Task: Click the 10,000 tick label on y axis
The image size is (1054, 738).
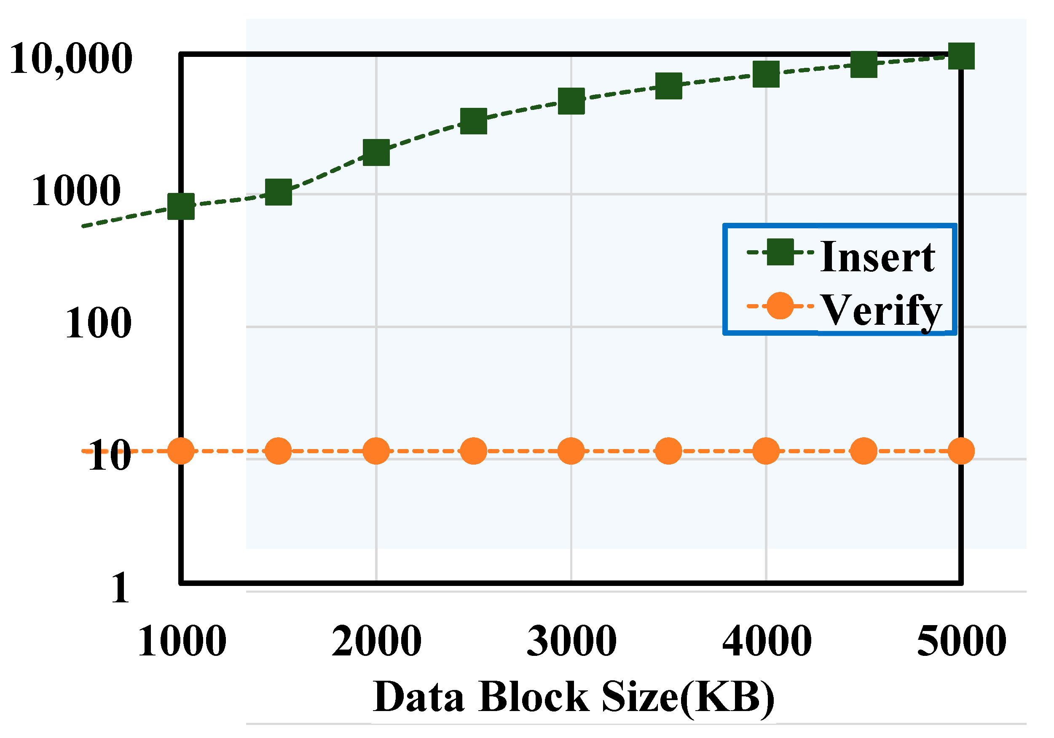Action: click(x=71, y=59)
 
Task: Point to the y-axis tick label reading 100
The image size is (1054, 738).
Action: click(x=98, y=323)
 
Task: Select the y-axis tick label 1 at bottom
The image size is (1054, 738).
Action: click(x=120, y=588)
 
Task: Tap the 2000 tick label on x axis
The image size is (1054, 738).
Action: click(x=376, y=642)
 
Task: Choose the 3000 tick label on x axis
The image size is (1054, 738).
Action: click(x=571, y=642)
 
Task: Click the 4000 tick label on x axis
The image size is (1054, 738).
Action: click(x=767, y=642)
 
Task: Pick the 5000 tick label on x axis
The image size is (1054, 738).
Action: click(x=961, y=642)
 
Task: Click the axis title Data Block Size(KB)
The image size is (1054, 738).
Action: click(x=574, y=697)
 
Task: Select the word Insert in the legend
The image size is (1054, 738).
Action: click(x=877, y=257)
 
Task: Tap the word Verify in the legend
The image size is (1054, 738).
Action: click(x=880, y=311)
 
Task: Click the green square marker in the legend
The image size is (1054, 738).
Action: click(x=780, y=252)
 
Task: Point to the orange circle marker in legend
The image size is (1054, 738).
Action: click(x=780, y=306)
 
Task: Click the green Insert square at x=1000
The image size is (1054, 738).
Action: click(x=181, y=206)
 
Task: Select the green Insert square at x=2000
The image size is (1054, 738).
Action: click(x=376, y=152)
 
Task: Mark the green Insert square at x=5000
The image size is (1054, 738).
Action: click(x=961, y=56)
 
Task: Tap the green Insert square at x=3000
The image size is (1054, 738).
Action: click(x=571, y=101)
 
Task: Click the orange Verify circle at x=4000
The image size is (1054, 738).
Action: click(x=766, y=451)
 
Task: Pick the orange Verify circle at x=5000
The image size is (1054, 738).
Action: click(x=961, y=451)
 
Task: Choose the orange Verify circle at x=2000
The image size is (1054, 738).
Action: click(x=376, y=451)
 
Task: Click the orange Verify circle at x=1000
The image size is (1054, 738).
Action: click(x=181, y=451)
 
